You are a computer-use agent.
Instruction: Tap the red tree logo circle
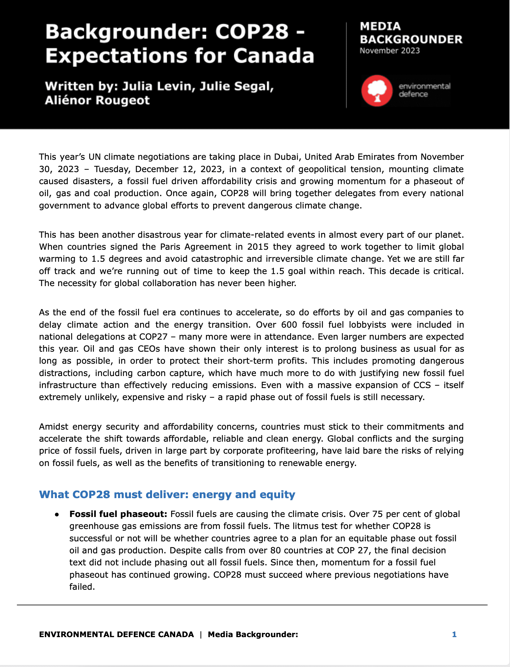377,91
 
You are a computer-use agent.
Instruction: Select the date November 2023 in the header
389,51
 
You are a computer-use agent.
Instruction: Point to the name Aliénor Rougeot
97,100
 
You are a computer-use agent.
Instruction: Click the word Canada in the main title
274,56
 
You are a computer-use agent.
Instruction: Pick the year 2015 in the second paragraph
258,247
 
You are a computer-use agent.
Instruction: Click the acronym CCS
422,385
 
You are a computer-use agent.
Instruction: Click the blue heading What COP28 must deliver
167,495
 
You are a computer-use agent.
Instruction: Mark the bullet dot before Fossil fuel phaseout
57,515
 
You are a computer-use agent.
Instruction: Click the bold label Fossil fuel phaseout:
118,514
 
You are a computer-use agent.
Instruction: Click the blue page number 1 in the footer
454,635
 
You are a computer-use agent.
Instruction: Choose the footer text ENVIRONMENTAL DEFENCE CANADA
116,635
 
